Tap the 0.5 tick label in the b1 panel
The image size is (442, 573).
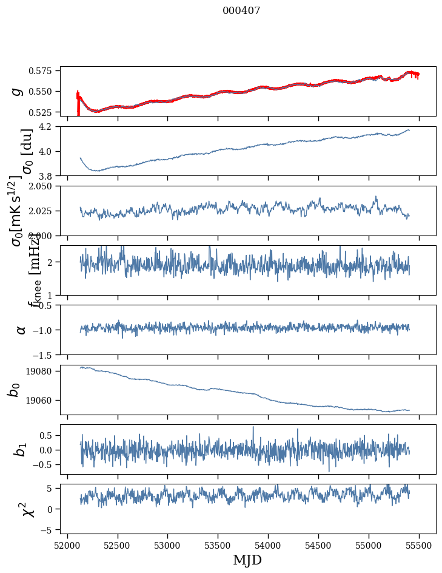click(47, 435)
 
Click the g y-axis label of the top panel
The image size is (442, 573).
click(18, 92)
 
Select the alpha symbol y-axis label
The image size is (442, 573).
click(21, 330)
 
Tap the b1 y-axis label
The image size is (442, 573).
click(21, 449)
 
